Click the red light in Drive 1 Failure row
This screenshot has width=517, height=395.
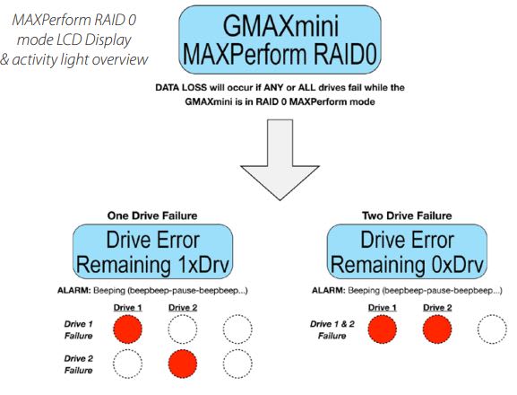tap(129, 329)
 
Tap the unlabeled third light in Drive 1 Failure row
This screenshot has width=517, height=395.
tap(238, 329)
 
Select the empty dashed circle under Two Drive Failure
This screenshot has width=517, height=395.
tap(493, 330)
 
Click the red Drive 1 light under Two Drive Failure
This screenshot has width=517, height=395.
tap(383, 330)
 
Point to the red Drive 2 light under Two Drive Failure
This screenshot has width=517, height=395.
tap(438, 330)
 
